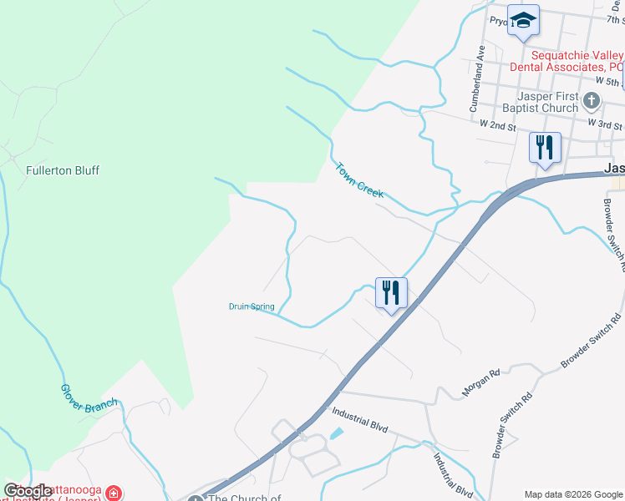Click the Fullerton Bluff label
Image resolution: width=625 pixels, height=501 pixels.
pos(63,170)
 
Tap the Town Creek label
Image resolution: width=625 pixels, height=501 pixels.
pos(359,180)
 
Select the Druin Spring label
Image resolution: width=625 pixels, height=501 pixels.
pos(252,306)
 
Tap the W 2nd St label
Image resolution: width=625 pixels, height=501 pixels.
pos(498,125)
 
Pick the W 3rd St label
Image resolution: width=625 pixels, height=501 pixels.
pos(605,124)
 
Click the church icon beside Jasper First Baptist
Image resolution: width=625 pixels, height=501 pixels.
pos(592,102)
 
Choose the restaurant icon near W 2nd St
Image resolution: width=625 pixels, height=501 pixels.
pos(545,148)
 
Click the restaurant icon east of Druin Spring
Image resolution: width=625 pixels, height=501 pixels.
pos(391,293)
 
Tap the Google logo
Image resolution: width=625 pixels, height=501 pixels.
pos(28,491)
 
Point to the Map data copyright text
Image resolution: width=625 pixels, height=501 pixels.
pos(573,494)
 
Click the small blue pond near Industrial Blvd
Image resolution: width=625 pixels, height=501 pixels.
pos(336,434)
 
